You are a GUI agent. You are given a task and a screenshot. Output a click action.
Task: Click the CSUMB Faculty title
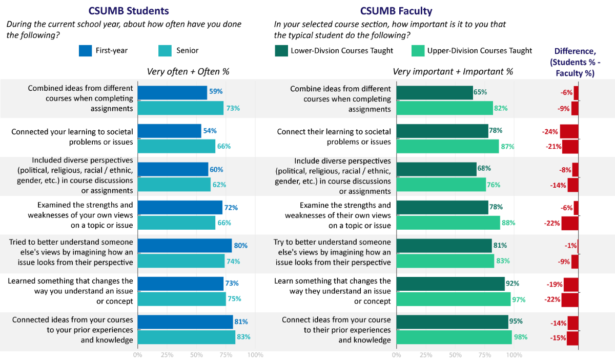(396, 11)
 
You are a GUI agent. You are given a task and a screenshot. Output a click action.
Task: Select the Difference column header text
(575, 62)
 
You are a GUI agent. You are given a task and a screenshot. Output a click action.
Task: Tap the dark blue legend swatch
(85, 51)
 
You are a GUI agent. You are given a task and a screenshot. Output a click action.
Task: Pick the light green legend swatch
(418, 51)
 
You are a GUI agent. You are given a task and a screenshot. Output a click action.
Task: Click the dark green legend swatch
(281, 51)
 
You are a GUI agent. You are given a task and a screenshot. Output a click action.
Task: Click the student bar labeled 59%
(172, 92)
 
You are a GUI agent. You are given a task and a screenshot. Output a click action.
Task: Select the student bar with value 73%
(180, 108)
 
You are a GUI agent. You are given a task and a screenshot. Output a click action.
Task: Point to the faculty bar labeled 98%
(454, 337)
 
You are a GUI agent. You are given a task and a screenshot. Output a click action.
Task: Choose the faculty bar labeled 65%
(434, 92)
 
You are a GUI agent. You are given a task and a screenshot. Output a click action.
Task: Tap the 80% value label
(241, 246)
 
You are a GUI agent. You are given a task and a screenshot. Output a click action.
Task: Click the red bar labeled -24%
(569, 131)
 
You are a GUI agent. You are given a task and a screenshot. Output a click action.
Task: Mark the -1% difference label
(570, 246)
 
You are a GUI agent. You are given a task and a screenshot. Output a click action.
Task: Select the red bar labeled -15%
(572, 338)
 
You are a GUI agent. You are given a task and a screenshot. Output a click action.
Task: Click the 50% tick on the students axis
(196, 354)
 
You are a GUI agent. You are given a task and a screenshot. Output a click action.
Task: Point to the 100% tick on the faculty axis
(514, 354)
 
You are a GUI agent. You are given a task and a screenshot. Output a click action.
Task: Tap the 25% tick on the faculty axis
(425, 354)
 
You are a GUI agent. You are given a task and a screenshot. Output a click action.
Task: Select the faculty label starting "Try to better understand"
(333, 252)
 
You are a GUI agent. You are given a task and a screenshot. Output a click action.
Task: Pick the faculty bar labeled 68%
(436, 169)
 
